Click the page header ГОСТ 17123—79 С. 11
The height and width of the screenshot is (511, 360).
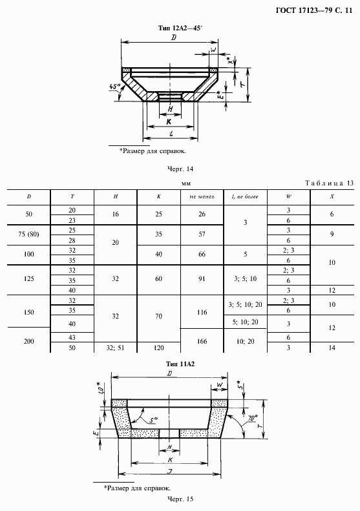314,10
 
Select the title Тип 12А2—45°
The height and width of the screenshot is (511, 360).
180,28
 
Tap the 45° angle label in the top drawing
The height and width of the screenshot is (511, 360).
115,87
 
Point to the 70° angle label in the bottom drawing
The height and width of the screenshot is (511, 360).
253,417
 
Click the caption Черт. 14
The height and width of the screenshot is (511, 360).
180,169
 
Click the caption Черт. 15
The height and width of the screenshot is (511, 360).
180,499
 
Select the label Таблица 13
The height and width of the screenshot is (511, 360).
330,183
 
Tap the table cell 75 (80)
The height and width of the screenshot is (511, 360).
28,234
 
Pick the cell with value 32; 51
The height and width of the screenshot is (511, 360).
116,348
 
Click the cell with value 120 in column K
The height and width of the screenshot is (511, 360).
159,348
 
